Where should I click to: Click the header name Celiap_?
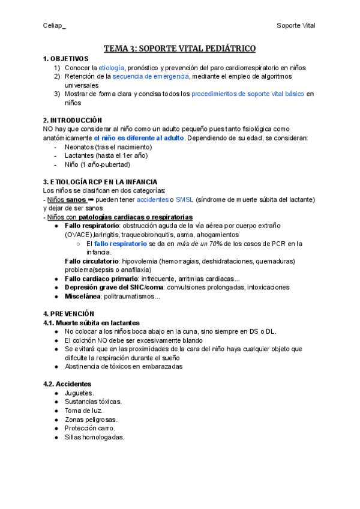click(x=55, y=25)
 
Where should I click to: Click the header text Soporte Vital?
click(x=295, y=25)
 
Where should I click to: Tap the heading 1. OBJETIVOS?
click(x=65, y=59)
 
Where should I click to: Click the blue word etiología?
click(x=112, y=68)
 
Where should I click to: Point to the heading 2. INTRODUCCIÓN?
click(x=73, y=120)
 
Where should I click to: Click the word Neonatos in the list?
click(x=79, y=147)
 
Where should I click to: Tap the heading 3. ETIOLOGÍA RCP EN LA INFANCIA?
click(x=100, y=182)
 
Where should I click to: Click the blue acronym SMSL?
click(x=185, y=199)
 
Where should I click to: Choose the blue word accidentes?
click(x=152, y=199)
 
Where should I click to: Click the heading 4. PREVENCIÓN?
click(x=68, y=314)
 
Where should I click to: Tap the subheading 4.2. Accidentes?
click(x=67, y=384)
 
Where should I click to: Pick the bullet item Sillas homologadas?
click(x=95, y=437)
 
